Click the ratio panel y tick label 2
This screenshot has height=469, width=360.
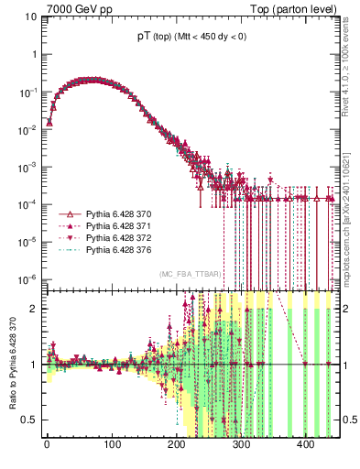tap(34, 309)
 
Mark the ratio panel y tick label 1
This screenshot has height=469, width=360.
tap(34, 365)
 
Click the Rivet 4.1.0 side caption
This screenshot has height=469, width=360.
tap(352, 64)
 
